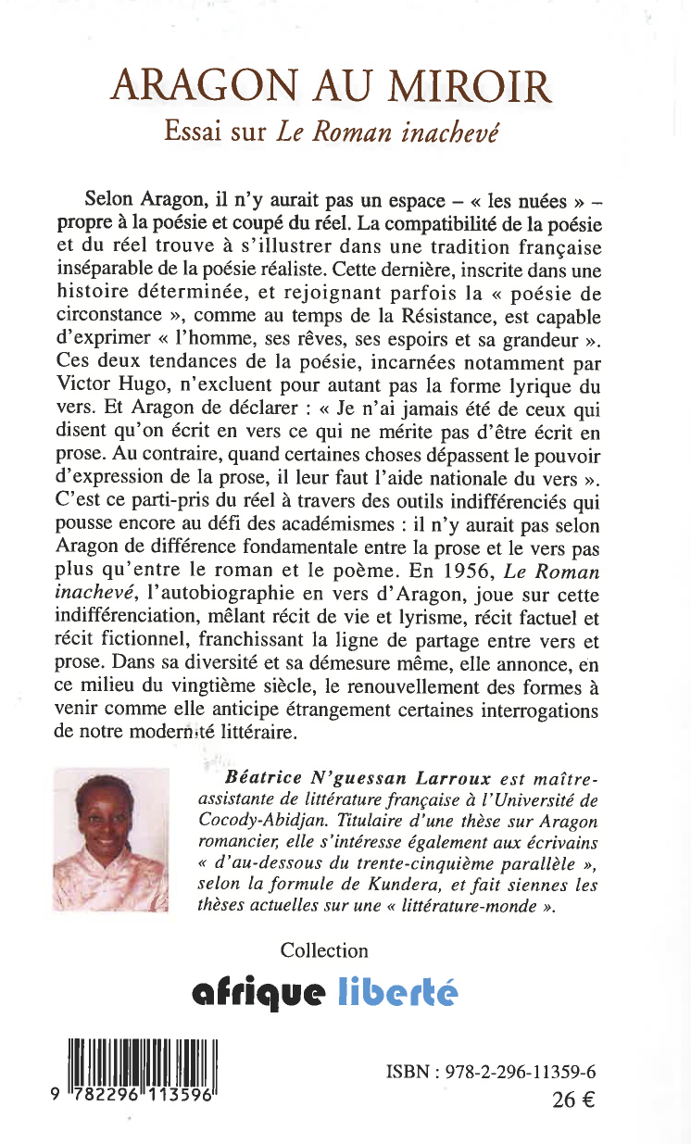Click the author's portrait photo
[x=125, y=841]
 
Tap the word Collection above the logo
[x=324, y=950]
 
